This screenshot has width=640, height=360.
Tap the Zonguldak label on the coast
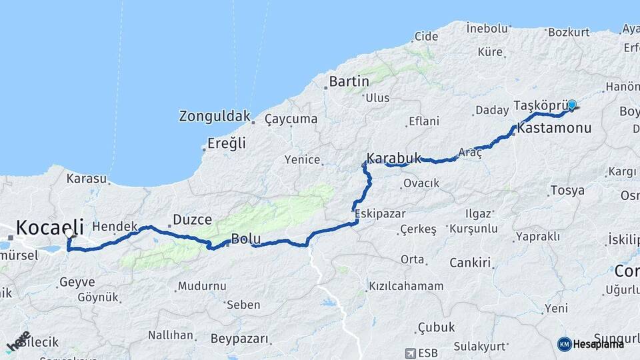coord(213,116)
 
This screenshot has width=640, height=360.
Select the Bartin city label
coord(349,81)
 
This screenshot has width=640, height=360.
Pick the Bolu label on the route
coord(245,239)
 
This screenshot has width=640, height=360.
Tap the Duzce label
coord(192,219)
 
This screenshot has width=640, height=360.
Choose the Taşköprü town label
coord(544,106)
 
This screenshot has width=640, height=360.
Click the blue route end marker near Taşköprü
coord(571,105)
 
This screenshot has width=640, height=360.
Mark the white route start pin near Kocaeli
coord(69,234)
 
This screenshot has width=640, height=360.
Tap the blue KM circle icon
coord(565,344)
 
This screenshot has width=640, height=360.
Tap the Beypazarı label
coord(239,339)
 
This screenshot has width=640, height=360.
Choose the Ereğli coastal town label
coord(227,143)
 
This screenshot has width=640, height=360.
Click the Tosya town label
coord(567,191)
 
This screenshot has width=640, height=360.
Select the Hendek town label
coord(115,227)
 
